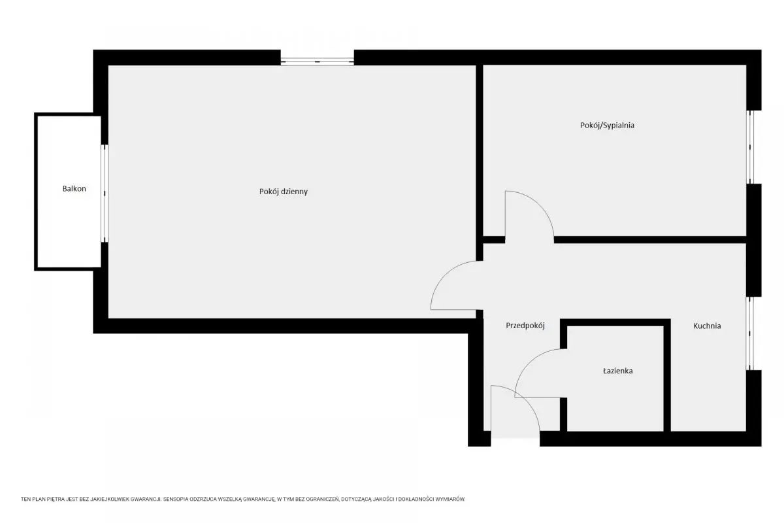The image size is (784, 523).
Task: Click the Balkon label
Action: tap(74, 188)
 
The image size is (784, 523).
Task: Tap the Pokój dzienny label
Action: tap(284, 192)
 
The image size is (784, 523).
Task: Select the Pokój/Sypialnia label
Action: tap(607, 126)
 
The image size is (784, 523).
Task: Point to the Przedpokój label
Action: tap(525, 326)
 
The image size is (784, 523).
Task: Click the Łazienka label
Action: tap(618, 371)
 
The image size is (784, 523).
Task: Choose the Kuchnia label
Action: tap(707, 326)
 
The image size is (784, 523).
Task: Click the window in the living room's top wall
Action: tap(317, 61)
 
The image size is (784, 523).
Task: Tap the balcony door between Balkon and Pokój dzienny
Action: tap(105, 194)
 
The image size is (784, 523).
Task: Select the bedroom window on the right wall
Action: tap(750, 147)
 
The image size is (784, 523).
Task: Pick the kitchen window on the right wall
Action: tap(750, 333)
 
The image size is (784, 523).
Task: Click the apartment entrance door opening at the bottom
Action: tap(515, 439)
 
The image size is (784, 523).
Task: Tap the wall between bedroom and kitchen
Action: tap(650, 240)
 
